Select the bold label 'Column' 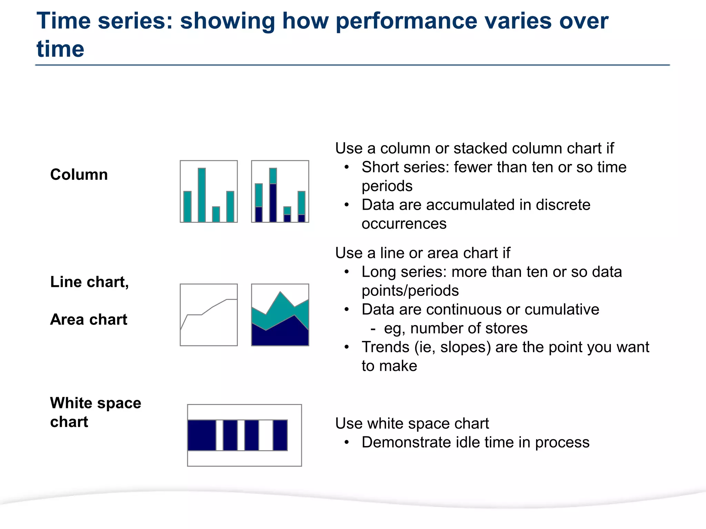pyautogui.click(x=79, y=175)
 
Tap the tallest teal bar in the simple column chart pyautogui.click(x=202, y=195)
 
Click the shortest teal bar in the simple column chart pyautogui.click(x=216, y=214)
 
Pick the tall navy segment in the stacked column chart pyautogui.click(x=273, y=203)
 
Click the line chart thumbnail pyautogui.click(x=209, y=314)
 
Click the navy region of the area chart pyautogui.click(x=280, y=334)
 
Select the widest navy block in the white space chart pyautogui.click(x=202, y=435)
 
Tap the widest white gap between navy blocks pyautogui.click(x=266, y=435)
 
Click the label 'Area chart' pyautogui.click(x=89, y=320)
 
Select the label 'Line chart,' pyautogui.click(x=89, y=282)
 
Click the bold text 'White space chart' pyautogui.click(x=95, y=412)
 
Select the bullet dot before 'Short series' pyautogui.click(x=347, y=167)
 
